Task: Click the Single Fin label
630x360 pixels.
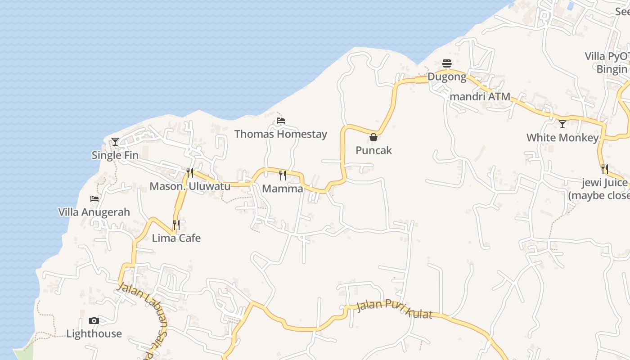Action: (115, 155)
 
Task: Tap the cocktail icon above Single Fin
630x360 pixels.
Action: (115, 142)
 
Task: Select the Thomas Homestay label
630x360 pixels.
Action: (281, 134)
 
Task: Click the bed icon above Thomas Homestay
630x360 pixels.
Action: (281, 121)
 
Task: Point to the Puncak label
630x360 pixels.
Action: (373, 150)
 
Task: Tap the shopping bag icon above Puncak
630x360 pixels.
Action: (373, 137)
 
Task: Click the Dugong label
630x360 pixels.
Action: (447, 76)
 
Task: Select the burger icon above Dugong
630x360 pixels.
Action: (447, 63)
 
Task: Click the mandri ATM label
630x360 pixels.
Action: (480, 96)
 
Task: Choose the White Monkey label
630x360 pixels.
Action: (562, 138)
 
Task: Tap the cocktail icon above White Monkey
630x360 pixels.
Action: (562, 124)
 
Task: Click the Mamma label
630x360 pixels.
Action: (283, 189)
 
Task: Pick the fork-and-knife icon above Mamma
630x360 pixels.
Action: (283, 175)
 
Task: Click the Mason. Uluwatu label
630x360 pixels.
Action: (190, 186)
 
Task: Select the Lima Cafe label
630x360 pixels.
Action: (176, 238)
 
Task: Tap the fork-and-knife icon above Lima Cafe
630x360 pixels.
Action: (176, 225)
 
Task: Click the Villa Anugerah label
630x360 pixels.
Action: (94, 212)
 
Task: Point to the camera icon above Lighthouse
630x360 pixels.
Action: (94, 320)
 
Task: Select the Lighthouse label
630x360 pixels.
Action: (94, 333)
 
